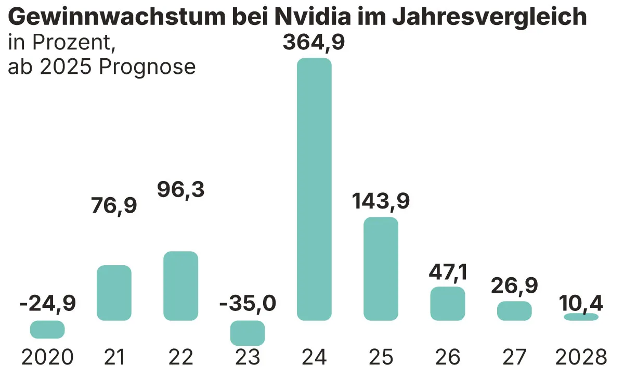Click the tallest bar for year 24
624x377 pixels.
click(x=314, y=189)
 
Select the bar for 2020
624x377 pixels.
click(x=47, y=329)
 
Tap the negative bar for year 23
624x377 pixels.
click(x=248, y=333)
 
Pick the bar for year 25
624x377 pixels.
click(x=381, y=268)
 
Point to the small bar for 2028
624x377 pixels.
click(x=581, y=317)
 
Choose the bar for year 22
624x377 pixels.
click(x=181, y=285)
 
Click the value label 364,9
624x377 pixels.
click(x=314, y=42)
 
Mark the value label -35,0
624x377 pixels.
click(x=247, y=303)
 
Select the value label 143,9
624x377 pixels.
click(x=380, y=201)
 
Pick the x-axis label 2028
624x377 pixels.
click(x=581, y=357)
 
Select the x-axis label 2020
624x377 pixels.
click(x=47, y=357)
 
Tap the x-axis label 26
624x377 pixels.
click(x=447, y=357)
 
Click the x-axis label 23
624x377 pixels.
click(x=248, y=357)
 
